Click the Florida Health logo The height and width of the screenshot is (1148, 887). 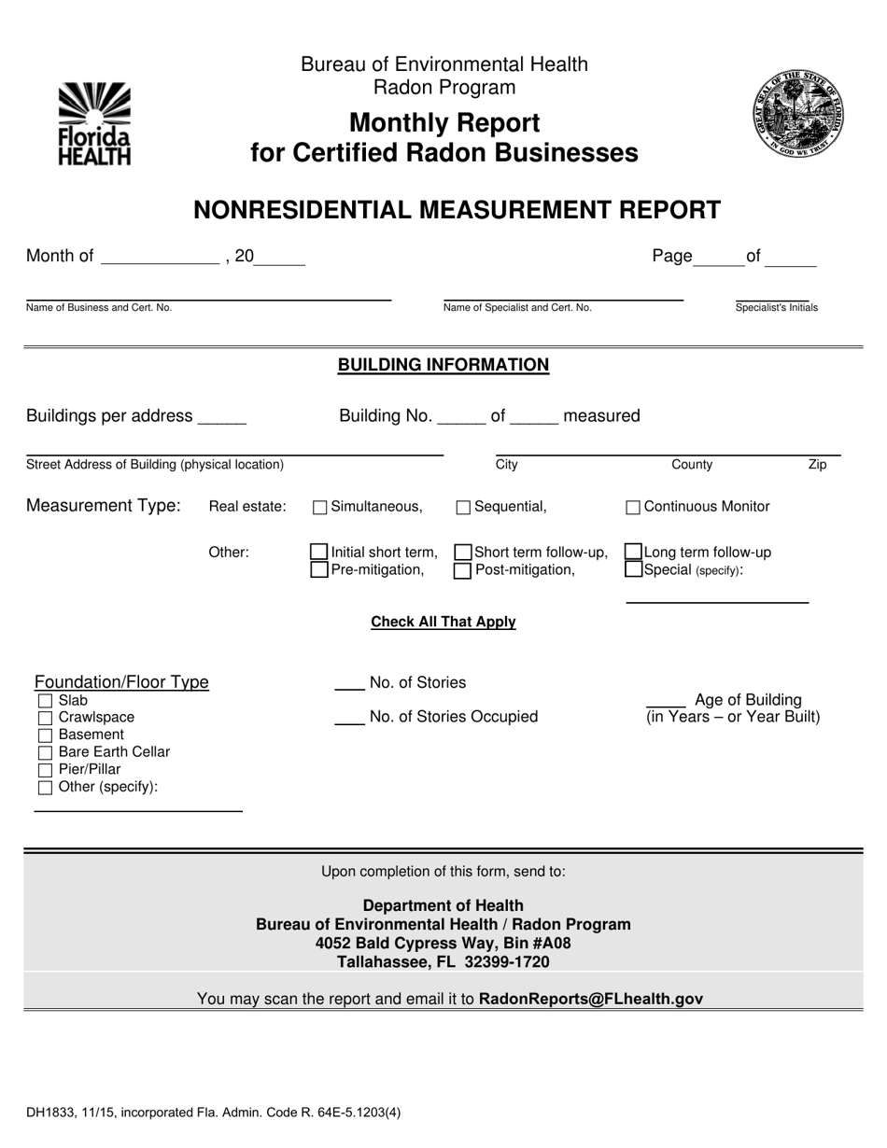click(x=94, y=123)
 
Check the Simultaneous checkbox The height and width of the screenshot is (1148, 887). click(x=319, y=508)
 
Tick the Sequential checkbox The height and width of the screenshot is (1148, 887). click(x=463, y=508)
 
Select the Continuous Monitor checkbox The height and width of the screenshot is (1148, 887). click(x=633, y=508)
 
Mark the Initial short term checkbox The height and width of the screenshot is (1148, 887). click(x=319, y=553)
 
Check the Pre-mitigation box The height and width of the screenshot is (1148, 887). click(x=319, y=569)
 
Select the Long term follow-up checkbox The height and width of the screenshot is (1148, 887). click(x=633, y=553)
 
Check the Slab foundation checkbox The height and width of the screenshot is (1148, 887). click(x=45, y=700)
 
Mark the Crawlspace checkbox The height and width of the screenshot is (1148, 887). click(x=45, y=718)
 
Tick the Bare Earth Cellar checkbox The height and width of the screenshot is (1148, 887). click(x=45, y=752)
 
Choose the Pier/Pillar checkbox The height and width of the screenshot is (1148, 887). click(x=45, y=770)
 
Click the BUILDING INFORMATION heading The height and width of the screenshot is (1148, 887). click(x=443, y=365)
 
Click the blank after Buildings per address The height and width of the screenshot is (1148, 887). click(x=222, y=418)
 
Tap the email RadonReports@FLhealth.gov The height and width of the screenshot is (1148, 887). click(x=590, y=999)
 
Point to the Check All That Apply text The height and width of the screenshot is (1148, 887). click(x=443, y=622)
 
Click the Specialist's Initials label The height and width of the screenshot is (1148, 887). click(x=776, y=307)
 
